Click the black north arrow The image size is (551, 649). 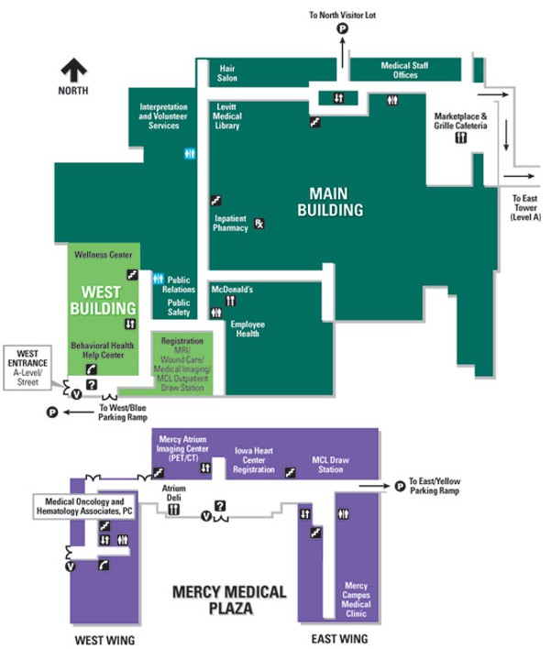(x=73, y=70)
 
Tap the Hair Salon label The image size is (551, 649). (x=227, y=73)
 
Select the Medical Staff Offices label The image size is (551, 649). (x=404, y=70)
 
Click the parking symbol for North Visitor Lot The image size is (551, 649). (x=344, y=29)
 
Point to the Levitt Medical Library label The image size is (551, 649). (x=226, y=116)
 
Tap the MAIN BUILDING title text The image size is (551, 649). (x=336, y=202)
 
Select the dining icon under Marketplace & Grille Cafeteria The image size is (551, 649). (x=460, y=137)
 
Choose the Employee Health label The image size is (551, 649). (x=248, y=329)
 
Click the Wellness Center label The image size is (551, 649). (x=103, y=255)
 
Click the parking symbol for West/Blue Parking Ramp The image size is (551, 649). (x=52, y=412)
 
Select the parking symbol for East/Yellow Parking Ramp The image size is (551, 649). (x=400, y=487)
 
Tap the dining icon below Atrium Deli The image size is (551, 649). (x=172, y=509)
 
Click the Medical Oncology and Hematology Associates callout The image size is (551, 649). (x=84, y=506)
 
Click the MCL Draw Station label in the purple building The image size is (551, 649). (x=327, y=465)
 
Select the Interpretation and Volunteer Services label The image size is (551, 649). (x=163, y=116)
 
